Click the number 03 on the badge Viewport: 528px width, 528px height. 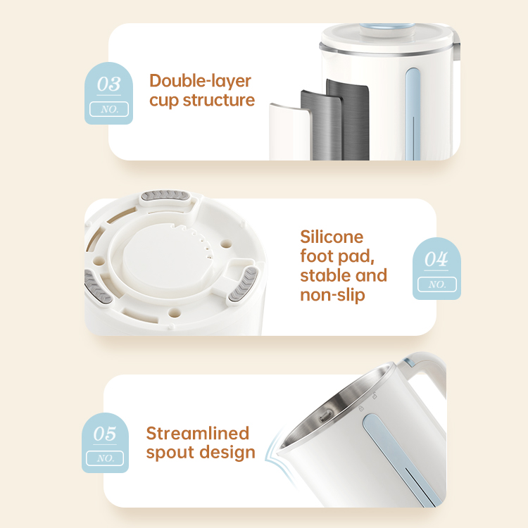click(x=108, y=84)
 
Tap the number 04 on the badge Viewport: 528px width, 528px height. click(x=436, y=259)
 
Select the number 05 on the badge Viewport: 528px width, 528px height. click(x=105, y=434)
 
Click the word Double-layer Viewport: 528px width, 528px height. click(x=201, y=82)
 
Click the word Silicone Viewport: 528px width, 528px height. click(x=332, y=237)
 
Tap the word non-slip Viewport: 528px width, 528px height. click(x=332, y=295)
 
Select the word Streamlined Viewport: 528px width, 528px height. click(x=198, y=434)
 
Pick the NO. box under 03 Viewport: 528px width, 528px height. click(x=109, y=109)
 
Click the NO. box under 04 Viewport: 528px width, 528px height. click(x=437, y=284)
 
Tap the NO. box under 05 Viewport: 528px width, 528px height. click(x=105, y=458)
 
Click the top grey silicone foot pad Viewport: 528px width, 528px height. click(x=164, y=196)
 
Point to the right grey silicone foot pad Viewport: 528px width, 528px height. click(x=243, y=284)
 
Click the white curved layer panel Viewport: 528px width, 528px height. click(x=289, y=132)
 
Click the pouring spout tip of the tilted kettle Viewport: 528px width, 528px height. click(x=278, y=447)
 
